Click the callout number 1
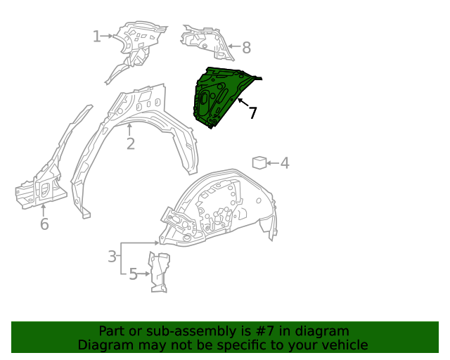[x=96, y=37]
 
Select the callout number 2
[x=131, y=144]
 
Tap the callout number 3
[x=112, y=257]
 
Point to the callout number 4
[x=285, y=163]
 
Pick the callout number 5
[x=134, y=274]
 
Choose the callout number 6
[x=44, y=224]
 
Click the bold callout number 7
[x=252, y=113]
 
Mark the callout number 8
[x=246, y=48]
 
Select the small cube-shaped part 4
[x=259, y=163]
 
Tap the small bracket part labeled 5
[x=159, y=271]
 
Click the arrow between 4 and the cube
[x=272, y=163]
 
